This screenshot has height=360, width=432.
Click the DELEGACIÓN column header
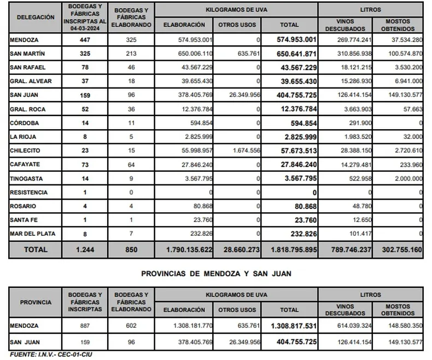(36, 17)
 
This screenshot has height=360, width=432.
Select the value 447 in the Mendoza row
(85, 39)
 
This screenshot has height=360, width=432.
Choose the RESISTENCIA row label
(29, 193)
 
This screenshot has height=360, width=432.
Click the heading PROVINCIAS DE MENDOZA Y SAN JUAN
(216, 273)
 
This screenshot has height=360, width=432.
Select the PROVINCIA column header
(36, 302)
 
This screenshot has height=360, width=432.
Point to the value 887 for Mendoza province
(85, 325)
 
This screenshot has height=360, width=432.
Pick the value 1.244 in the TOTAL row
(85, 249)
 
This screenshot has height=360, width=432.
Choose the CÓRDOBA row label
(25, 123)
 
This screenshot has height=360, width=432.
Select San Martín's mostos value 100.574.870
(402, 54)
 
